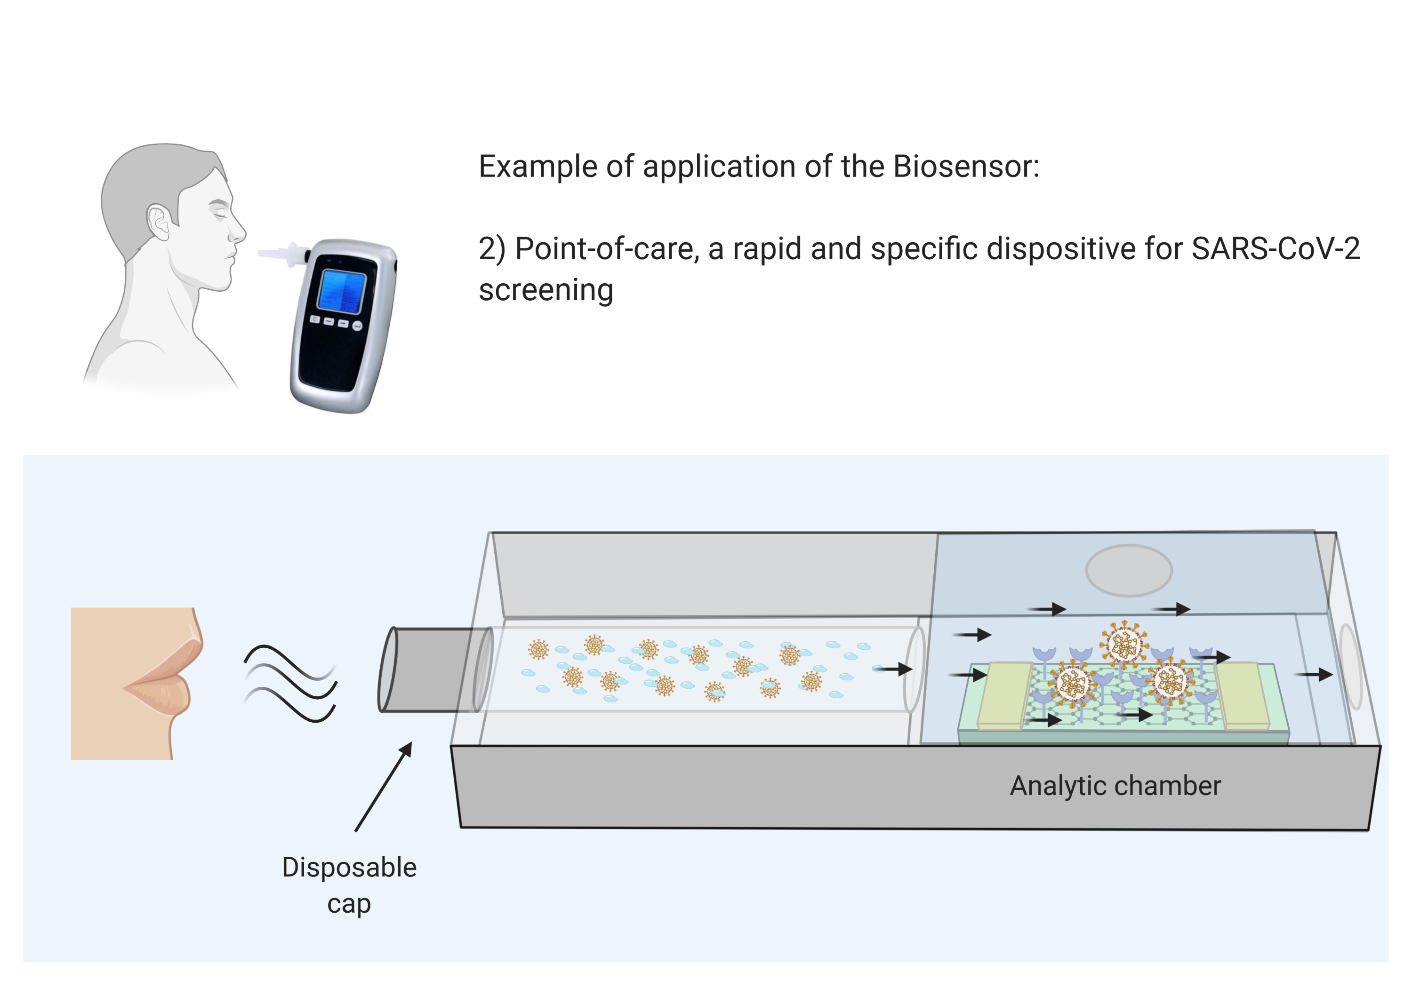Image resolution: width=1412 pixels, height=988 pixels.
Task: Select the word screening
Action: tap(546, 290)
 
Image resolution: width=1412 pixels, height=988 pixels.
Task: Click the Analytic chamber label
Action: tap(1115, 786)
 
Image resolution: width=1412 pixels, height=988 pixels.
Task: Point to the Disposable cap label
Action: tap(349, 885)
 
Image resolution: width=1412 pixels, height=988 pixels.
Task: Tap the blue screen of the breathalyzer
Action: tap(342, 291)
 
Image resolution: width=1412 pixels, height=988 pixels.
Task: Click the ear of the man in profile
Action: tap(159, 222)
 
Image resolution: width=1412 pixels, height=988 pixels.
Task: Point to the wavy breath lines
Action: tap(290, 683)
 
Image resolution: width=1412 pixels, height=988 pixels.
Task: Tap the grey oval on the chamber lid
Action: tap(1129, 571)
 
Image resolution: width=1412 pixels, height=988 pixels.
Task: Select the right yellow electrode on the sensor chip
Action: tap(1242, 695)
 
